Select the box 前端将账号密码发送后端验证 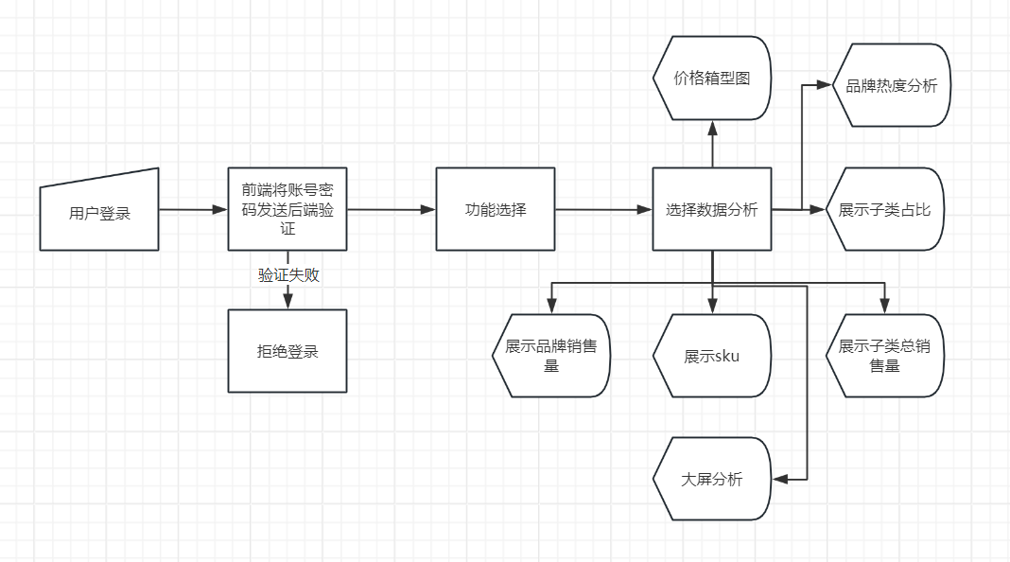tap(287, 209)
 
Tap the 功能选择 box tap(496, 209)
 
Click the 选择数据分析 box tap(711, 209)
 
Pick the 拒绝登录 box tap(287, 351)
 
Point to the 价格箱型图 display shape tap(711, 78)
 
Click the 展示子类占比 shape tap(884, 209)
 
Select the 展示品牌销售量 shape tap(551, 355)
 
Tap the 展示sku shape tap(711, 356)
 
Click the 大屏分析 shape tap(711, 479)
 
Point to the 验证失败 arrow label tap(288, 275)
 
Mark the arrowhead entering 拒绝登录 tap(288, 301)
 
